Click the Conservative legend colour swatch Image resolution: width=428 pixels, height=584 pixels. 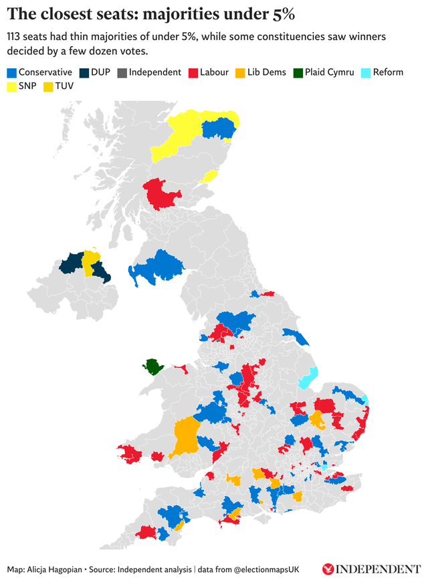coord(11,72)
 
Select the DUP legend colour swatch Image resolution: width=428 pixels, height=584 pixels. coord(84,72)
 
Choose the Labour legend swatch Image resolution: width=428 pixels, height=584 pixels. coord(193,72)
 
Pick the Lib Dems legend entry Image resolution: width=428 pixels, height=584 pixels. coord(265,72)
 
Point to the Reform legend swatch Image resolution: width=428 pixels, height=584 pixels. coord(366,72)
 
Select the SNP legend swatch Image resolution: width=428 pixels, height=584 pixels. coord(11,86)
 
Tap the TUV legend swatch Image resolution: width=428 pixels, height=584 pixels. coord(48,86)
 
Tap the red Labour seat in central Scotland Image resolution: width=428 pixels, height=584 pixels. coord(162,194)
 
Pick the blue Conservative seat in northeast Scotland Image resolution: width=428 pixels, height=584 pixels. coord(219,128)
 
